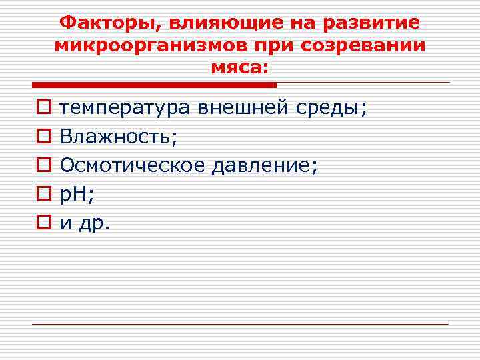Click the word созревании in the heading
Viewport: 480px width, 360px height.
[x=366, y=46]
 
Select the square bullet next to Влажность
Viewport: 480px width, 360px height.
[x=41, y=136]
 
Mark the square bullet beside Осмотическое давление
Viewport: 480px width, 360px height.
[x=41, y=165]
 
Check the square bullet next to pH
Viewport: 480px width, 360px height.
[x=41, y=194]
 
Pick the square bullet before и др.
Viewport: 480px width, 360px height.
[x=41, y=223]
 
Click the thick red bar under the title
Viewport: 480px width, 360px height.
[x=154, y=85]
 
